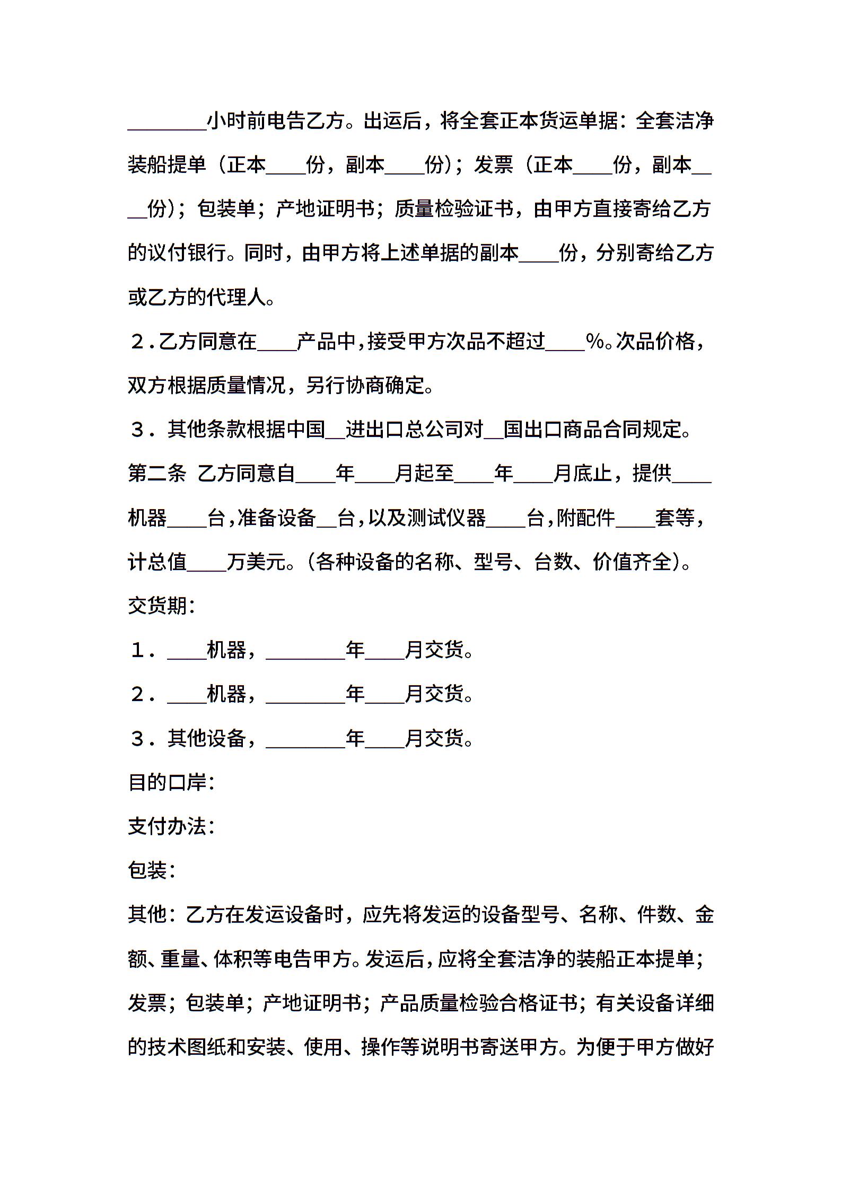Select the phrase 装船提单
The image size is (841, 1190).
tap(167, 165)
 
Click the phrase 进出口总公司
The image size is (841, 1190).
tap(414, 430)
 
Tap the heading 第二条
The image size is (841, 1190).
tap(157, 473)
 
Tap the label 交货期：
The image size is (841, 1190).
tap(162, 606)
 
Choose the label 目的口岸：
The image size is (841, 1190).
tap(171, 782)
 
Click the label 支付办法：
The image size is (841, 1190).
tap(171, 826)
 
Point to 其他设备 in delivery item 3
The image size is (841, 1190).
tap(207, 738)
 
